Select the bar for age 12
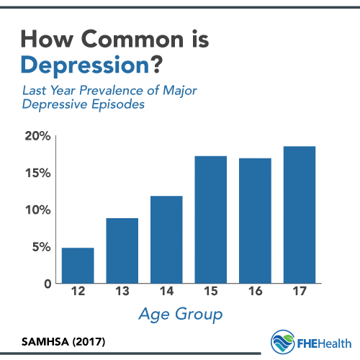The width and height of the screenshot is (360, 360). [78, 266]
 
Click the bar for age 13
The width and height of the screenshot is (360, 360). [122, 251]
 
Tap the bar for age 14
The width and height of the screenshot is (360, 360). [166, 240]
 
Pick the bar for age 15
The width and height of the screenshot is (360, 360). [211, 220]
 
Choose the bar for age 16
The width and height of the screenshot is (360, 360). [255, 221]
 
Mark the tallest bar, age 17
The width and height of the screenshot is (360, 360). [300, 215]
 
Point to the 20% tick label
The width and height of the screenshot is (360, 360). [37, 136]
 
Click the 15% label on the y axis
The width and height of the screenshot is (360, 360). [38, 173]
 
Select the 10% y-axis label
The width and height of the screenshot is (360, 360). [38, 210]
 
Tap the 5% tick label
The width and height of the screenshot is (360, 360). [42, 247]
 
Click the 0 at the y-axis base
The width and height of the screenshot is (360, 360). [48, 284]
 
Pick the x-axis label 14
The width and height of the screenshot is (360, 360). [166, 291]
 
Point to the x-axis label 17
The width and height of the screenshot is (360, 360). [300, 291]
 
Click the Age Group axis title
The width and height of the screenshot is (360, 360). [181, 314]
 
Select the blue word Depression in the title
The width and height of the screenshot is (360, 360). [85, 66]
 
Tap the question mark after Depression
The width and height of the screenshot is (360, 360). [157, 64]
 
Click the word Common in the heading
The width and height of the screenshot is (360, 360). [132, 39]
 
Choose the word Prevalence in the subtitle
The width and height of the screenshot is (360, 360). [112, 91]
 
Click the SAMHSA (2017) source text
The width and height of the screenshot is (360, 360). [63, 342]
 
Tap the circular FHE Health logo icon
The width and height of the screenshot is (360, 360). [282, 342]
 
